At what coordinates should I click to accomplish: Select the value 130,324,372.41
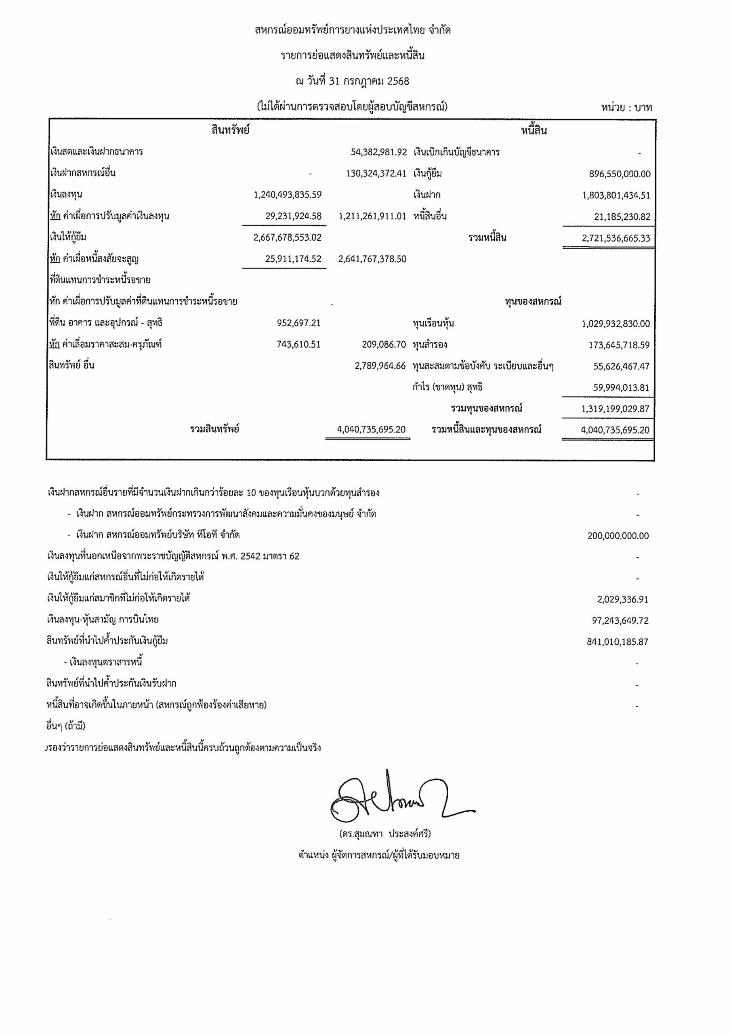click(x=376, y=173)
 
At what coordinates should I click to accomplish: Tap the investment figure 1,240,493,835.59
click(x=288, y=195)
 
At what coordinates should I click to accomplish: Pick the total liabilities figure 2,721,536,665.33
click(x=616, y=238)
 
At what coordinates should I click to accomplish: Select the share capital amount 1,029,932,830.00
click(x=615, y=324)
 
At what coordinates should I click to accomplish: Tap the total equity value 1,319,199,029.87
click(x=615, y=409)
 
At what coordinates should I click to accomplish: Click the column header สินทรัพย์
click(x=230, y=130)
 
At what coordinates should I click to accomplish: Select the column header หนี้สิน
click(x=534, y=131)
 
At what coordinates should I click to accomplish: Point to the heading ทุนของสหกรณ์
click(x=533, y=302)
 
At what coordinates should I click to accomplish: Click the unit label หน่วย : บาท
click(x=626, y=107)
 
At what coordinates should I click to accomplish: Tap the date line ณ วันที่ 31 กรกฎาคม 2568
click(x=352, y=82)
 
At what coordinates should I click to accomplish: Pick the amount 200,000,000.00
click(x=618, y=536)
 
